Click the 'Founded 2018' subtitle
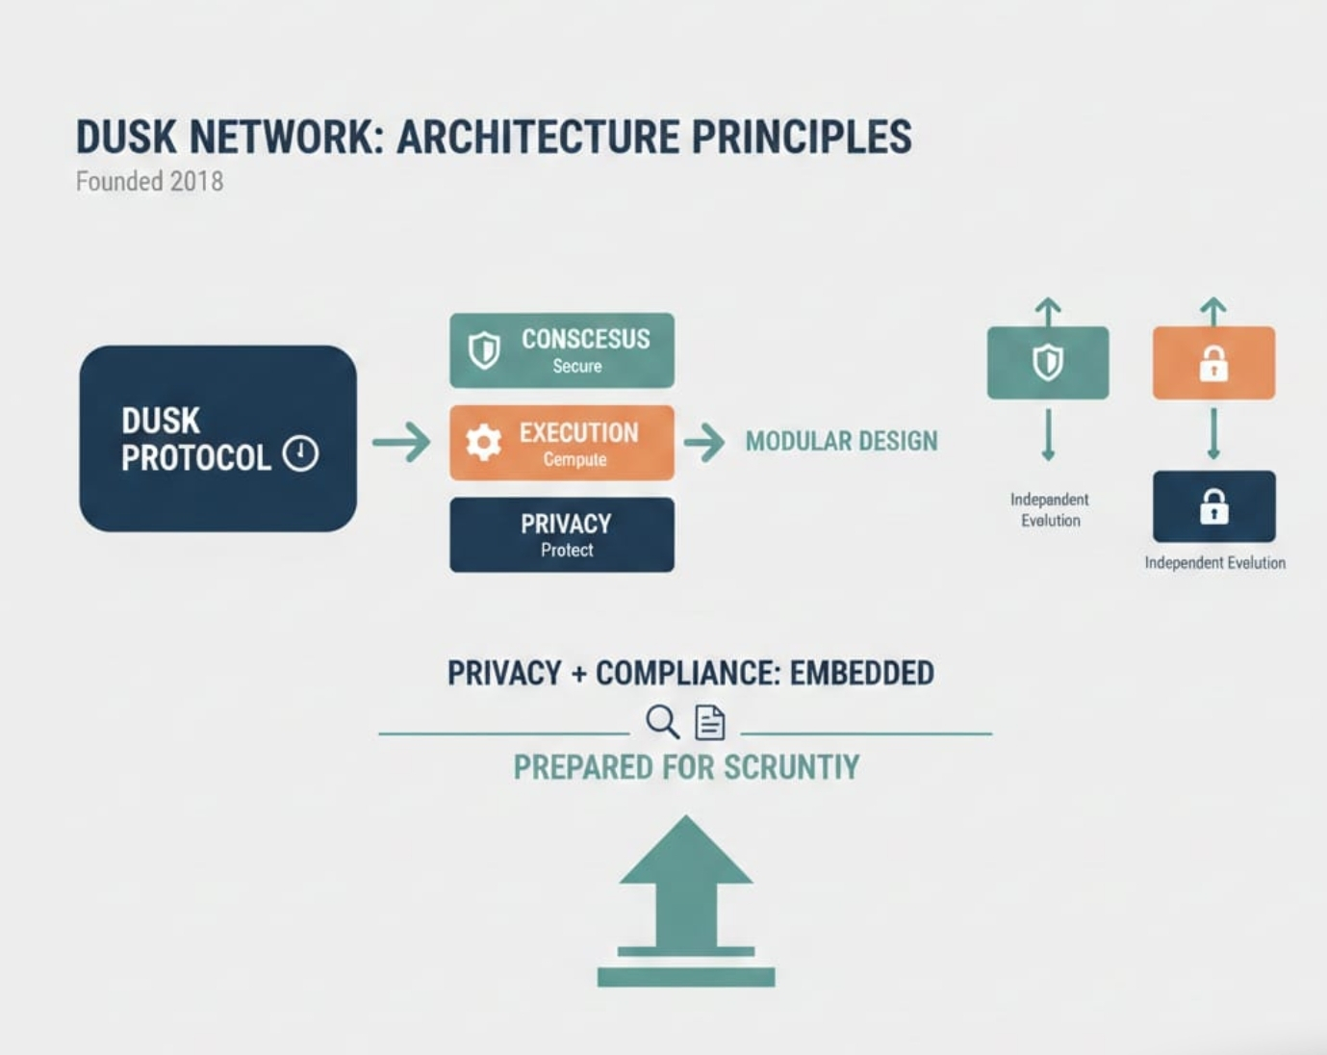point(149,181)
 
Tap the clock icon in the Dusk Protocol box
point(300,453)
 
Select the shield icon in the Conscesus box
point(484,350)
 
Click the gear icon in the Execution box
point(483,442)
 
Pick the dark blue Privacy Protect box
point(562,535)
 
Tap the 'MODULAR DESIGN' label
point(841,442)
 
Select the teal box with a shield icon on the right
point(1048,363)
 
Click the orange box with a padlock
point(1213,363)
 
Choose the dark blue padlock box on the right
point(1213,506)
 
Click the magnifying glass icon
point(662,721)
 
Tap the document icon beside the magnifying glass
point(710,722)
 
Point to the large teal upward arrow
point(686,895)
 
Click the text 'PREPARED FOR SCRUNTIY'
point(686,767)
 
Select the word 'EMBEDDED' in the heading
point(861,673)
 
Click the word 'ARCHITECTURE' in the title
point(538,137)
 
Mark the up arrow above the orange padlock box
point(1213,311)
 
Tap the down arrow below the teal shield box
point(1048,435)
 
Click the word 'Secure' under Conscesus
point(577,366)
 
